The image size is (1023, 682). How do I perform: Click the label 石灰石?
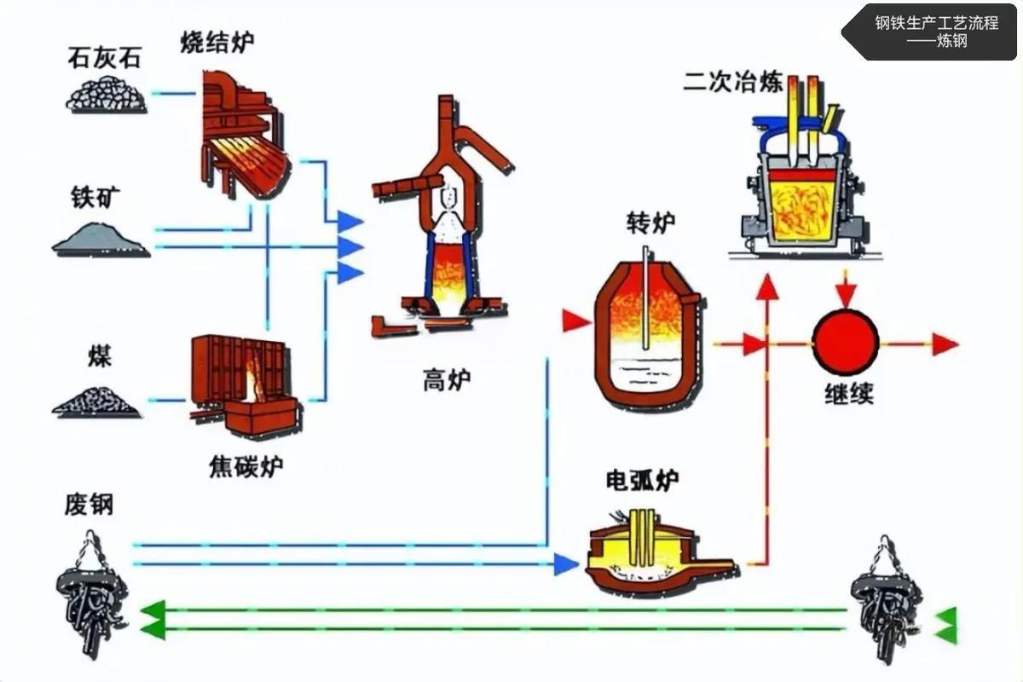[104, 59]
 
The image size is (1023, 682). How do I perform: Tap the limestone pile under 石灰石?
[106, 95]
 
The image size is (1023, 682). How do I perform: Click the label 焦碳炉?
[246, 466]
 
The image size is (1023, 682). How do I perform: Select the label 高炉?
[446, 379]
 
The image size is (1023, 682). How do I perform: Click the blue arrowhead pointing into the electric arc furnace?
[566, 564]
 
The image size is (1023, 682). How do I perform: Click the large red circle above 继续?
[845, 344]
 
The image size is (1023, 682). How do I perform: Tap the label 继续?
[848, 395]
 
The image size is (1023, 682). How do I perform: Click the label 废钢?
[89, 506]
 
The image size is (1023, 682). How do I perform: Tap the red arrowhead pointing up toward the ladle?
[767, 287]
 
